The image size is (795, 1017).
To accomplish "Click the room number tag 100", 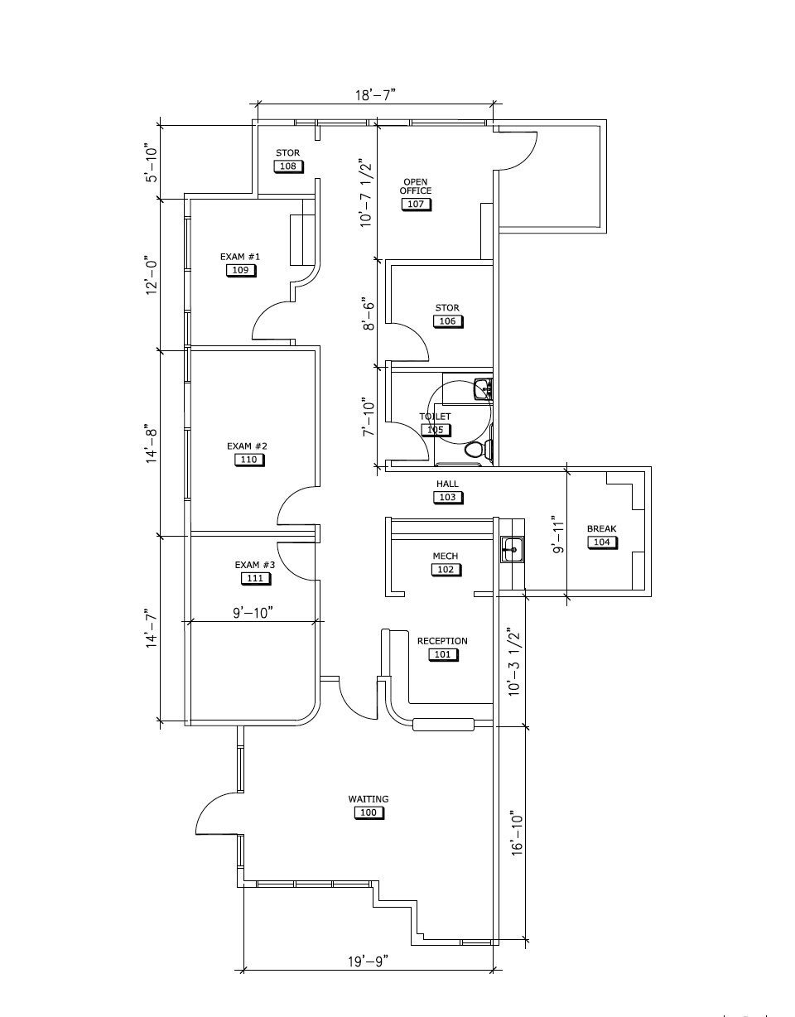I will click(x=369, y=812).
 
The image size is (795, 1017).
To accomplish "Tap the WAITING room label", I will click(x=369, y=799).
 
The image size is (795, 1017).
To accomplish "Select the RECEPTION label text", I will click(x=442, y=641).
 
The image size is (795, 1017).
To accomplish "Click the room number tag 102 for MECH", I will click(x=446, y=570).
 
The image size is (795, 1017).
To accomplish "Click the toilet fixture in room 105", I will click(x=476, y=450).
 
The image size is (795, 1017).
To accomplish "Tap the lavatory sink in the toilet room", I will click(x=482, y=388).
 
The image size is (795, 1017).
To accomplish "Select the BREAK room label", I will click(x=601, y=528).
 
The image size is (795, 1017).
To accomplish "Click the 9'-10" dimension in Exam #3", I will click(x=253, y=612).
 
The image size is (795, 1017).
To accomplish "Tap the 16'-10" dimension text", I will click(x=518, y=837).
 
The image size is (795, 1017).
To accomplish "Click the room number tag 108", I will click(x=287, y=166).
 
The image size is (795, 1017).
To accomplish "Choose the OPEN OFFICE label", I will click(x=416, y=186).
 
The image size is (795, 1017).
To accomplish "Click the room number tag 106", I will click(x=447, y=321).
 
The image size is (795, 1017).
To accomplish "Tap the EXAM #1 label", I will click(x=240, y=257).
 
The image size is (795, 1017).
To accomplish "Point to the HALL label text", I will click(x=447, y=484).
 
